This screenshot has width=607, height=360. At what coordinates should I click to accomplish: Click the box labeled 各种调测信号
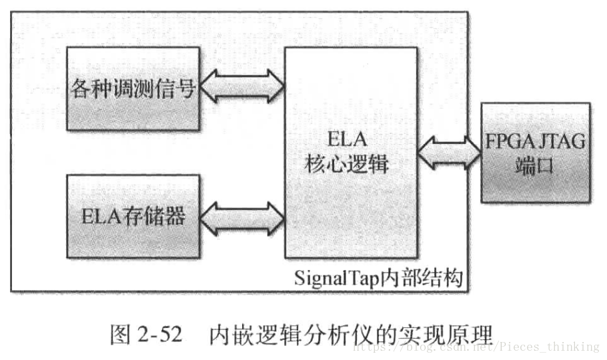[133, 89]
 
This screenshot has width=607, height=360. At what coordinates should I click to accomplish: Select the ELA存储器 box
[133, 217]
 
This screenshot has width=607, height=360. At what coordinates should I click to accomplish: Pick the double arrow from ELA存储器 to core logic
[242, 216]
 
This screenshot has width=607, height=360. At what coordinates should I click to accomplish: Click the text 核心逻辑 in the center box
[348, 164]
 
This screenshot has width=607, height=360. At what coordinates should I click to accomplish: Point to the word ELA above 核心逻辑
[348, 139]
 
